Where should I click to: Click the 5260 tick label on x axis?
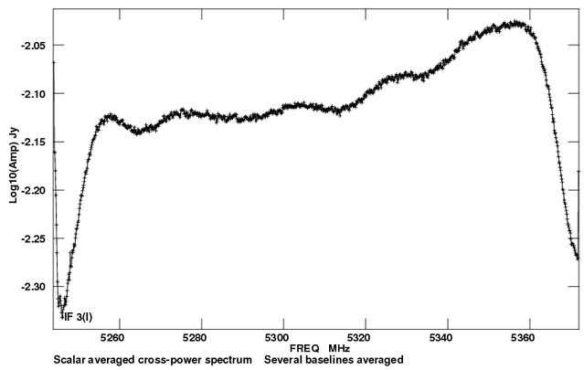click(x=116, y=336)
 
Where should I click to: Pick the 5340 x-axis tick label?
click(x=447, y=336)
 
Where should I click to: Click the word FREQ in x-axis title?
click(x=305, y=349)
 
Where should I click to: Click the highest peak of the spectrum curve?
click(x=516, y=22)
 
